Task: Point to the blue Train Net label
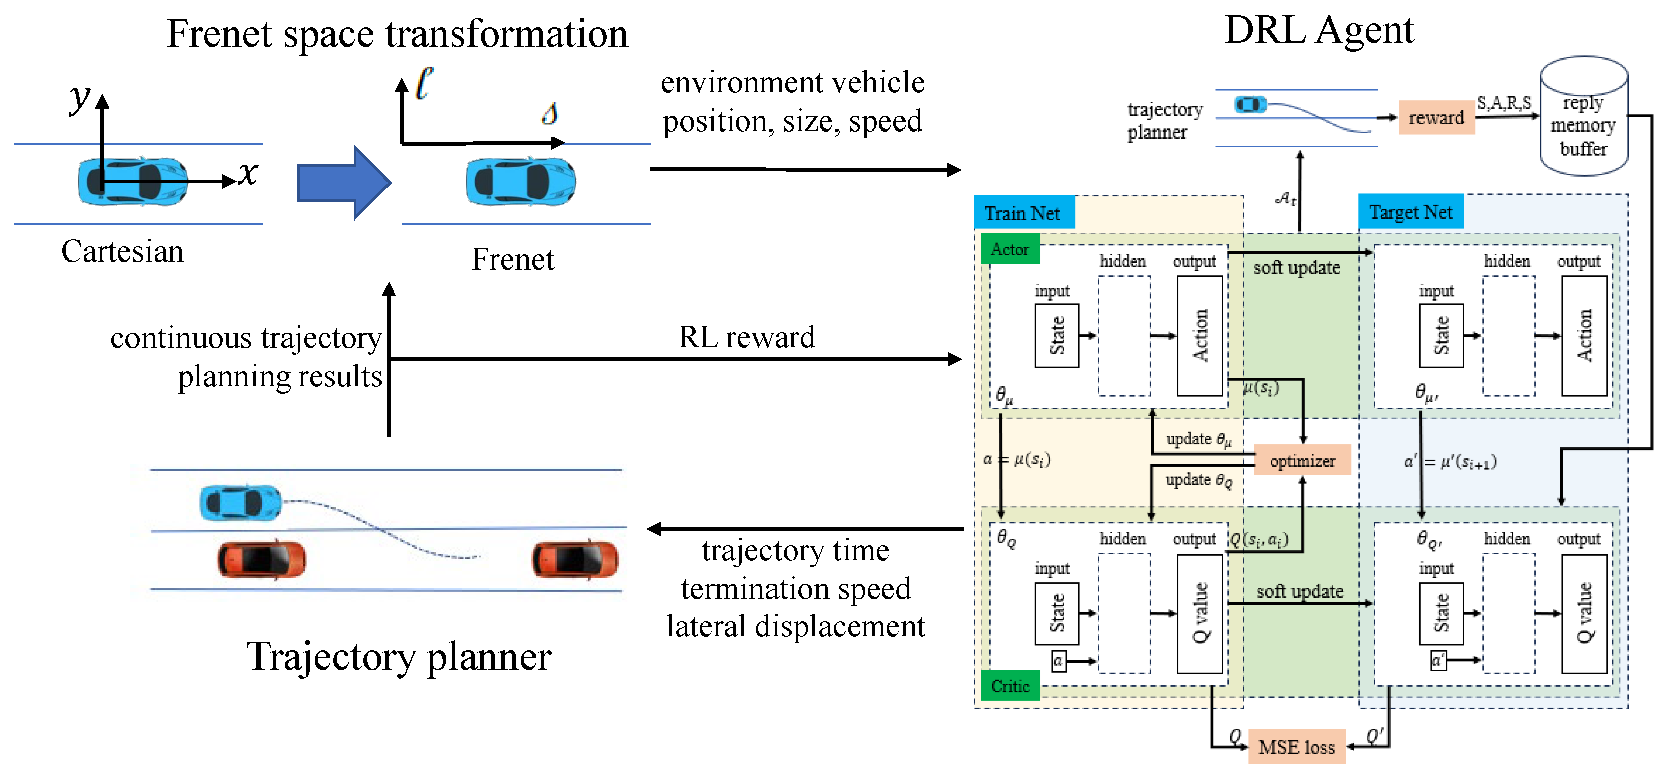tap(1022, 213)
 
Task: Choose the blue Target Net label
tap(1410, 212)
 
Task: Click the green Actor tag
tap(1010, 249)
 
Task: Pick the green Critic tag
tap(1010, 686)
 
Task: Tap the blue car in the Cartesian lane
tap(132, 181)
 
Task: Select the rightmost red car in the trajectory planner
tap(575, 559)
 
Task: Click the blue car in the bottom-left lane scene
tap(240, 502)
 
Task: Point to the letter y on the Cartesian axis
tap(79, 98)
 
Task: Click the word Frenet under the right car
tap(512, 260)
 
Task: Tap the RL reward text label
tap(746, 337)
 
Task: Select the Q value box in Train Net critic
tap(1199, 613)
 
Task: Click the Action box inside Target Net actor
tap(1584, 336)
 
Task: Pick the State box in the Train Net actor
tap(1056, 336)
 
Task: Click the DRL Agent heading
tap(1319, 30)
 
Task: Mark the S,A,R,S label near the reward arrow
tap(1503, 103)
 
